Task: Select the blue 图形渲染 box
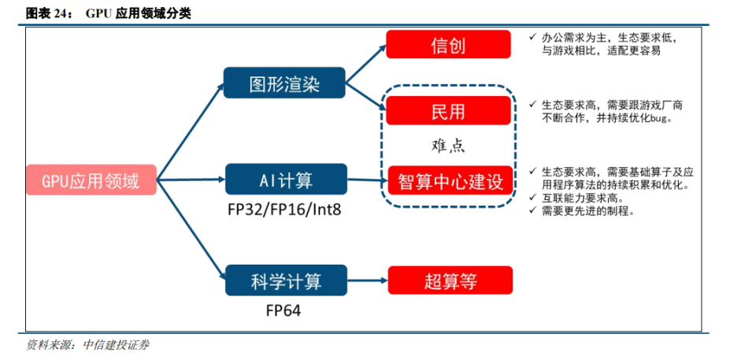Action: click(284, 83)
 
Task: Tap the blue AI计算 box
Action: click(285, 180)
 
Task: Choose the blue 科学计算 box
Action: click(285, 280)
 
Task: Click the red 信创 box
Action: click(448, 44)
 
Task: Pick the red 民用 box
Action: click(448, 110)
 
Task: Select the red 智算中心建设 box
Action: click(450, 180)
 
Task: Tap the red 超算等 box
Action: click(450, 280)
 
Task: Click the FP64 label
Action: click(283, 310)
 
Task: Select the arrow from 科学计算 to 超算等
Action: click(367, 280)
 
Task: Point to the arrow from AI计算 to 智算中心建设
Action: click(367, 180)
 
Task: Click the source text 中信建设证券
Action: click(116, 344)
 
